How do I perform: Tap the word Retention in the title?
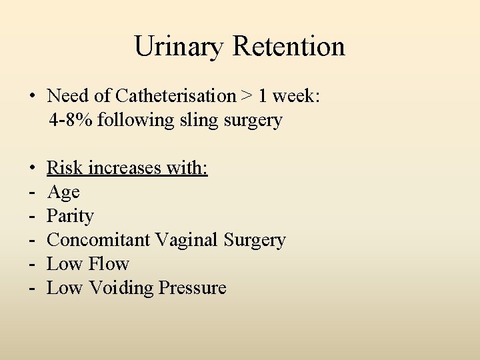(289, 47)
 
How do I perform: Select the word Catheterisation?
(175, 97)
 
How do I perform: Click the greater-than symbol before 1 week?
(247, 97)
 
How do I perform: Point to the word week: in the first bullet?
(296, 97)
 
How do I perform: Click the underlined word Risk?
(65, 168)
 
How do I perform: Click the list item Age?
(63, 193)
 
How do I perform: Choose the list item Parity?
(70, 217)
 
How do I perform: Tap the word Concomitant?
(99, 240)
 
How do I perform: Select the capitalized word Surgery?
(255, 241)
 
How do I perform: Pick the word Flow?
(107, 264)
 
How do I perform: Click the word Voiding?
(121, 288)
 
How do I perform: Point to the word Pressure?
(193, 288)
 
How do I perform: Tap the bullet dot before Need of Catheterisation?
(32, 97)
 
